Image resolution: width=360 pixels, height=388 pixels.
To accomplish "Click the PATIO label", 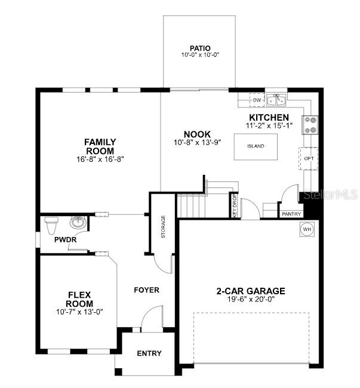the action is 200,48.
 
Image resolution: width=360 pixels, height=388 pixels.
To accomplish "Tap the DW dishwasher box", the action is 257,100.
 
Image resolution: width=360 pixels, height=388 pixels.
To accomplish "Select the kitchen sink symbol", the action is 276,100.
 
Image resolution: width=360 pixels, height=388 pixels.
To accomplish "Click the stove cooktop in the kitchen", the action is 310,125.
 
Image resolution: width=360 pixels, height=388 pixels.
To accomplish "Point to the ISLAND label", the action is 256,146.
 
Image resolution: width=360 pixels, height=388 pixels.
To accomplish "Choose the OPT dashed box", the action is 309,159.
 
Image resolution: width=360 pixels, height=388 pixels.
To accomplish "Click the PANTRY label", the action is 291,214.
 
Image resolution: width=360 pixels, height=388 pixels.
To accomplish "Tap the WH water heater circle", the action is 307,229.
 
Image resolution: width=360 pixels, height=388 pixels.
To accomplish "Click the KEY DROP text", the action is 235,206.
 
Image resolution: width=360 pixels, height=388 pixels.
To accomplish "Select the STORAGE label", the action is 163,227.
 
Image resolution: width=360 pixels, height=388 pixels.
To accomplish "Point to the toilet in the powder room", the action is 51,225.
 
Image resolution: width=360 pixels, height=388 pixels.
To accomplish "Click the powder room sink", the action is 78,222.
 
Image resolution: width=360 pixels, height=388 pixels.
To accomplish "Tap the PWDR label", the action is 65,239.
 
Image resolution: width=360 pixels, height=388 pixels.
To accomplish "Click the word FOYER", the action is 146,290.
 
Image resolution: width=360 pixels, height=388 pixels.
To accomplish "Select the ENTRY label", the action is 149,353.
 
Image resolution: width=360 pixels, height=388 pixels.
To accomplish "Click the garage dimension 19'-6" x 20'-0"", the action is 251,299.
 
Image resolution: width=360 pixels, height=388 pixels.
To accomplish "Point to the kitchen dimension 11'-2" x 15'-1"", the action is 269,125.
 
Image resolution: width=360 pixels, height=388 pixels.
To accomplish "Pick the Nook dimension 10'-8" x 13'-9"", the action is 197,143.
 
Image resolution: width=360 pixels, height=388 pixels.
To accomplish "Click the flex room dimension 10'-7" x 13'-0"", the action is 79,312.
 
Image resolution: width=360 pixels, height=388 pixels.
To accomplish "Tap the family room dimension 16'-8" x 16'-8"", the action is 100,159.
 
